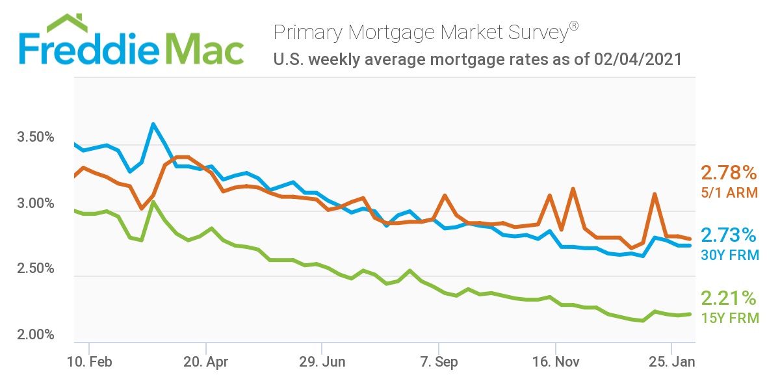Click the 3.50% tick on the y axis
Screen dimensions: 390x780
[34, 138]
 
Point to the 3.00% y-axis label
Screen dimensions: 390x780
[34, 203]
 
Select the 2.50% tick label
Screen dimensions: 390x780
[34, 269]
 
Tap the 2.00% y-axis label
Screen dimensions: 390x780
[34, 335]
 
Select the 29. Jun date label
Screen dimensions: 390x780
[322, 362]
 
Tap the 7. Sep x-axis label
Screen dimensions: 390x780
[439, 362]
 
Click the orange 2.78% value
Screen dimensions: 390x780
[729, 173]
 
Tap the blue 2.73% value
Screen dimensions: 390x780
[729, 235]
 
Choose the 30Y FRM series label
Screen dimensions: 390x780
[729, 255]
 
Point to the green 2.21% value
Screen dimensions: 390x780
[729, 298]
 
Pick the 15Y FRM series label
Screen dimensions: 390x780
[729, 318]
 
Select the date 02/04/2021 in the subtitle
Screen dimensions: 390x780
[638, 59]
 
